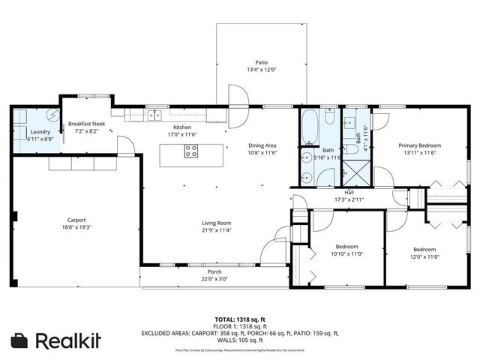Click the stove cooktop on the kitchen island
click(191, 150)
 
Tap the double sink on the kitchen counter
click(154, 115)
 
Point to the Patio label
click(261, 63)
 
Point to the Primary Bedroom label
click(419, 145)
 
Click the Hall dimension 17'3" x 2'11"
click(349, 200)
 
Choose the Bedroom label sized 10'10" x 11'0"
click(346, 246)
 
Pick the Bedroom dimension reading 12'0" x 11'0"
click(424, 256)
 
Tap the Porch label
click(214, 271)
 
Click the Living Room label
click(215, 223)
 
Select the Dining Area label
click(262, 145)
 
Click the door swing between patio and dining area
click(238, 96)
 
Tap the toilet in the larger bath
click(329, 117)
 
